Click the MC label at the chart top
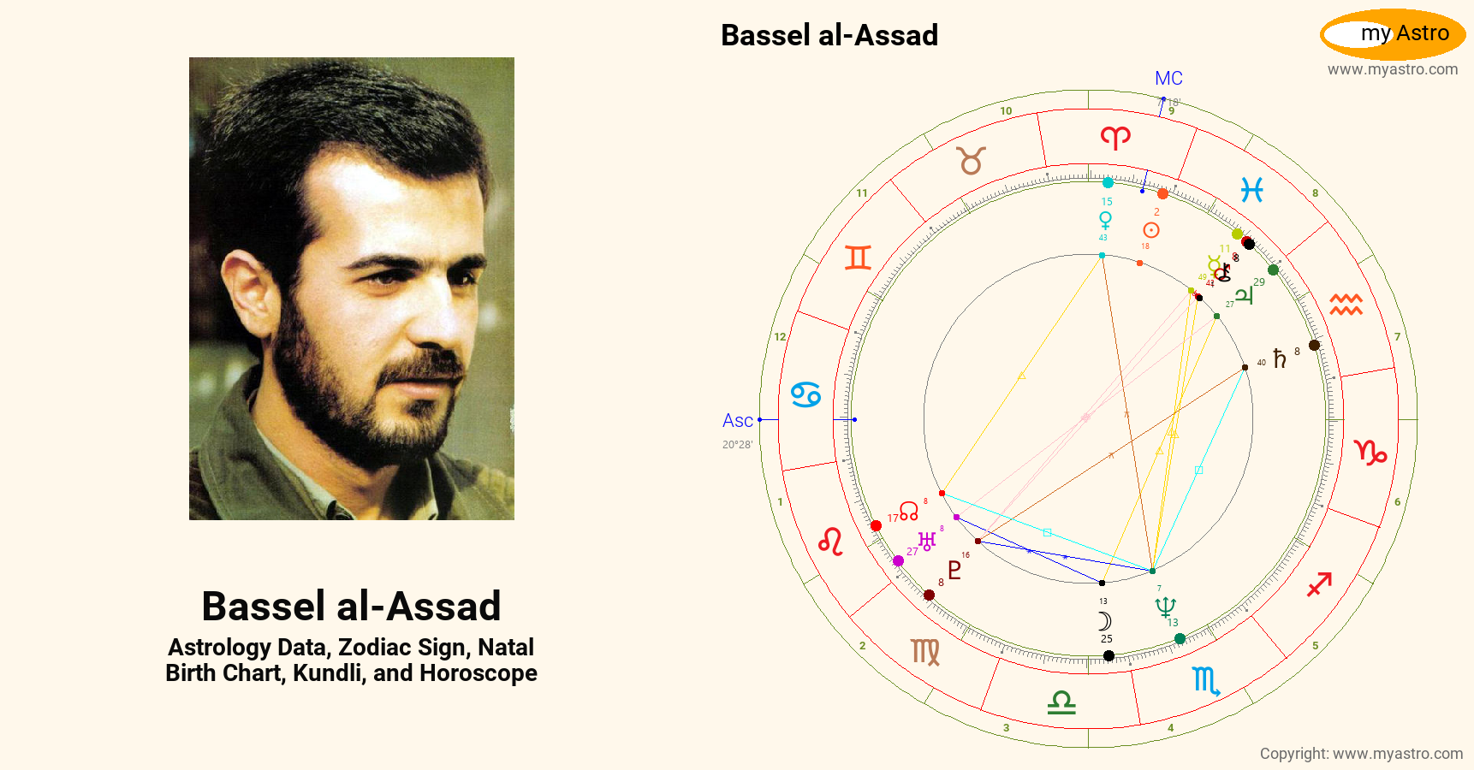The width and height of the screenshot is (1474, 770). [1168, 79]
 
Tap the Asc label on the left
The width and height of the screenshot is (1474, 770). [737, 420]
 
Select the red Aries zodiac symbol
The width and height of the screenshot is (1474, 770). [1115, 137]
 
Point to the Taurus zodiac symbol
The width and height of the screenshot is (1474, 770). [972, 160]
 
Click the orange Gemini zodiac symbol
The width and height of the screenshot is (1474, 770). [858, 258]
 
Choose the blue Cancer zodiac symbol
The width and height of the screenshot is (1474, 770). [805, 394]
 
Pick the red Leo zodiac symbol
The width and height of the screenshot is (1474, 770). [830, 542]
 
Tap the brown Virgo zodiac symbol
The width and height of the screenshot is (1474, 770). [925, 652]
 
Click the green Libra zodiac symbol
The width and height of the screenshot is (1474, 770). [1061, 702]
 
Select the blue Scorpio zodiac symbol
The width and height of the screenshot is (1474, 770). [1206, 681]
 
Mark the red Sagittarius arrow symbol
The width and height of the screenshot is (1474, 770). [1319, 585]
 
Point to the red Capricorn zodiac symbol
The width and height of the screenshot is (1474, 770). [1370, 452]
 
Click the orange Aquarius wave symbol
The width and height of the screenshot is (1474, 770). [1346, 304]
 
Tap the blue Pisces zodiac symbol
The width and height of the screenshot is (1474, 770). [1251, 190]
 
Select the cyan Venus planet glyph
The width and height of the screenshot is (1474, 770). [1105, 220]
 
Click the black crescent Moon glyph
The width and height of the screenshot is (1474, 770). [1105, 621]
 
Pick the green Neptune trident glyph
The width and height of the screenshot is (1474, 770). [1165, 607]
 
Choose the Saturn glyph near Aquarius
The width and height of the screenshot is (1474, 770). [1280, 358]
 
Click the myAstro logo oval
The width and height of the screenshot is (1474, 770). [1393, 34]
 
